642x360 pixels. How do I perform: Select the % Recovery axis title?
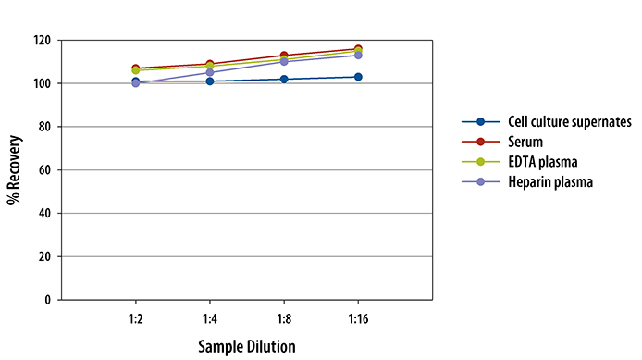[14, 170]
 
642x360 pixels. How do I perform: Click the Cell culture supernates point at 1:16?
[358, 77]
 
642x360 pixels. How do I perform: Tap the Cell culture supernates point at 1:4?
[210, 81]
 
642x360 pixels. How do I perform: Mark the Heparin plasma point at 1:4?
[210, 72]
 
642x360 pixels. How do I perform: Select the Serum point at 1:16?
[358, 48]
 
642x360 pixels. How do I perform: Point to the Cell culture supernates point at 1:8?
[284, 79]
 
